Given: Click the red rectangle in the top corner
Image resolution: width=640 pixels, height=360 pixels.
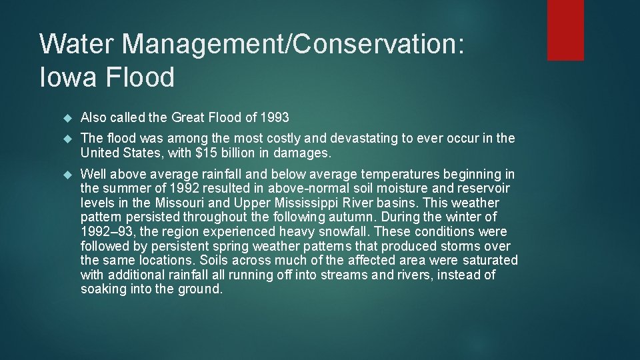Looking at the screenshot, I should click(x=565, y=30).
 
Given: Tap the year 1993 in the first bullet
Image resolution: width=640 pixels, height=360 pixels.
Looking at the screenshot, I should click(x=275, y=118).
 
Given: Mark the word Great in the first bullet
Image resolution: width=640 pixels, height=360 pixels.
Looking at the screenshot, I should click(x=189, y=118).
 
